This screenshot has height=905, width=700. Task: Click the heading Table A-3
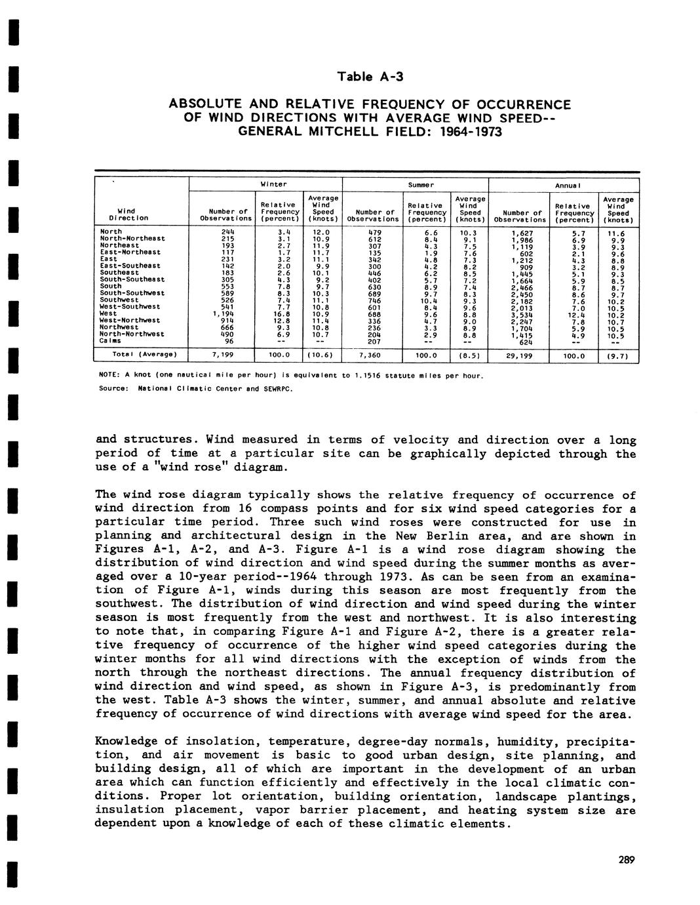(x=370, y=77)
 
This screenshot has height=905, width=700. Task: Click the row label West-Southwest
(x=130, y=306)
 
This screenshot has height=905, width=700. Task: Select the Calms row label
(x=110, y=340)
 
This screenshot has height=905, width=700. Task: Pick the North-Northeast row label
(x=132, y=238)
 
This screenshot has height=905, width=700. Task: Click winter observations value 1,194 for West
(x=224, y=313)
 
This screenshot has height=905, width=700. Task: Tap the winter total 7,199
(x=224, y=355)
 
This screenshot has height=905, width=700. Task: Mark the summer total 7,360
(x=370, y=355)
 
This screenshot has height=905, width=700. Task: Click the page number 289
(x=627, y=860)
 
